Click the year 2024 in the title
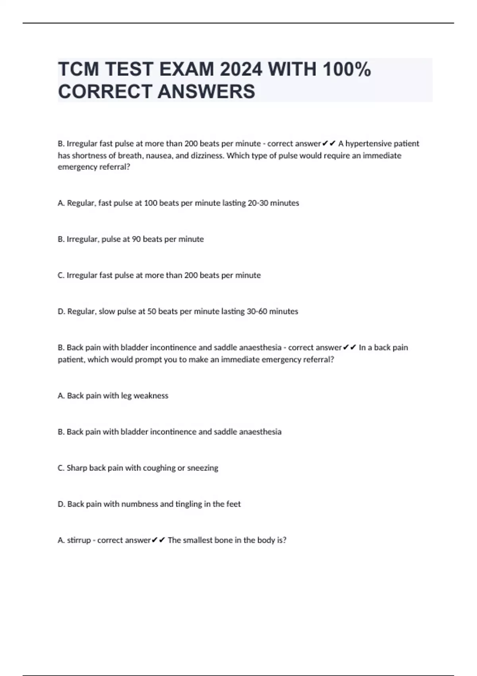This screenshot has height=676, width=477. [241, 70]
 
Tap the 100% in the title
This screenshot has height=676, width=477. [347, 70]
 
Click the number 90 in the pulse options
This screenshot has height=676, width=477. [136, 239]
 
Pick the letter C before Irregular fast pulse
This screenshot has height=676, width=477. [61, 276]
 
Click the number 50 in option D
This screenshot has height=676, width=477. [151, 312]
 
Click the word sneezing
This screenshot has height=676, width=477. [203, 468]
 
